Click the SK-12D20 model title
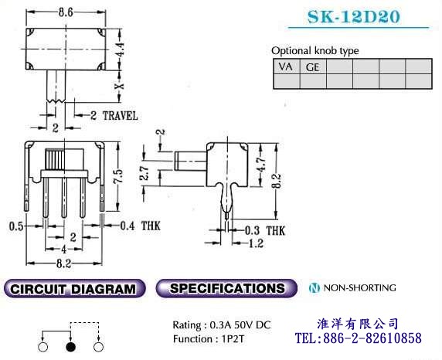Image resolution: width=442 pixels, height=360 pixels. coord(353,16)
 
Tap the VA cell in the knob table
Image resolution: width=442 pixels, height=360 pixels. coord(287,66)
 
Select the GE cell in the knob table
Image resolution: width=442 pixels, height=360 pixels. coord(313,66)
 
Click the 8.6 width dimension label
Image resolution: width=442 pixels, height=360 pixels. coord(66,12)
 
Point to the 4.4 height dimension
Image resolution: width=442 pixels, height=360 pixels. coord(120,49)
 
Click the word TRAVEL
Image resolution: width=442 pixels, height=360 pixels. coord(120,116)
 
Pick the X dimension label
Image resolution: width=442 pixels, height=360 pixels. coord(120,86)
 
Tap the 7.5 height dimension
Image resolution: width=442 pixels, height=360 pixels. coord(119,177)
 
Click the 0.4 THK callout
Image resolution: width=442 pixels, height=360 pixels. coord(140,226)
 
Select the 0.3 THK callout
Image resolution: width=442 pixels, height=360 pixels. coord(265,231)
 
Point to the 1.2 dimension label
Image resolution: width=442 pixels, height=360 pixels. coord(256,243)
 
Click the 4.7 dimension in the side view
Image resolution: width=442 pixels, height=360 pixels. coord(262,164)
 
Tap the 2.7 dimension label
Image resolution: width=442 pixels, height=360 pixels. coord(144,172)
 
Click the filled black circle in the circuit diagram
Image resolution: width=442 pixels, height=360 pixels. coord(70,347)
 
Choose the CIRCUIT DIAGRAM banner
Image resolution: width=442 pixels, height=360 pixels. coord(74,289)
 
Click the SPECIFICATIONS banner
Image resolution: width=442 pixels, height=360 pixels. coord(226,288)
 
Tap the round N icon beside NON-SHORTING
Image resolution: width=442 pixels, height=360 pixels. coord(314,288)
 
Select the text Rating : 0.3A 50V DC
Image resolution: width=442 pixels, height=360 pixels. coord(222,325)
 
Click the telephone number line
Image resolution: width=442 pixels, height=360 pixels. coord(359,338)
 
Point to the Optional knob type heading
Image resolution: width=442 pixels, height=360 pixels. coord(314,51)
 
